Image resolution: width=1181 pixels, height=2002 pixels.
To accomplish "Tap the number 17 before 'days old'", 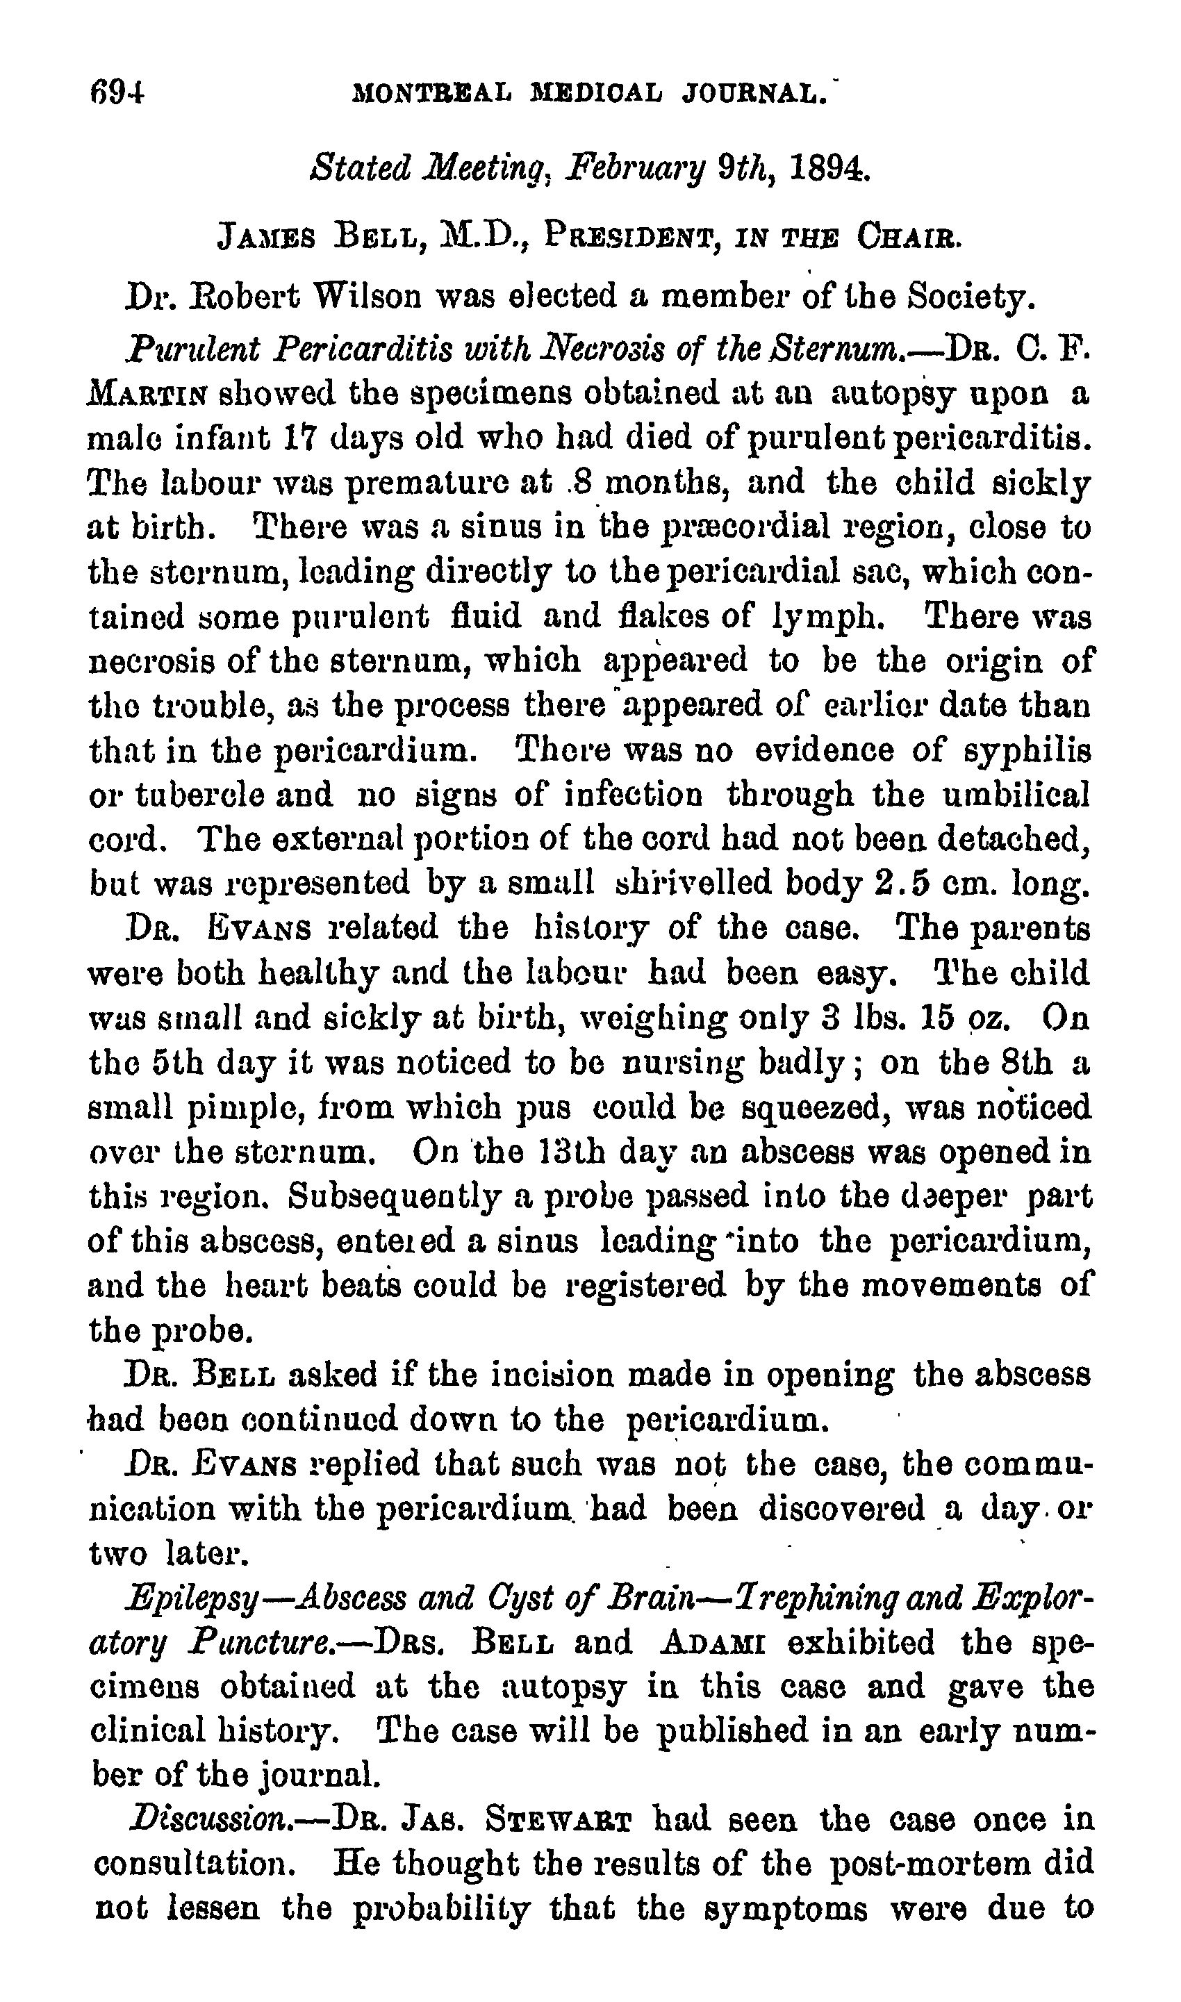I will [x=297, y=438].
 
